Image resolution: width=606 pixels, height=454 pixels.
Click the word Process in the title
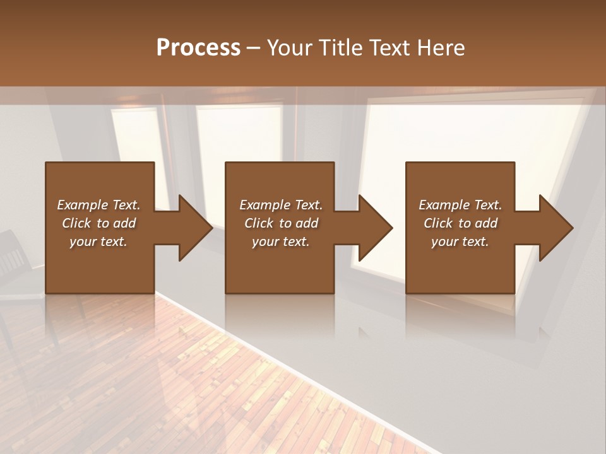point(198,47)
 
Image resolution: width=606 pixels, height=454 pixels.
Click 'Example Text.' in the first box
point(98,205)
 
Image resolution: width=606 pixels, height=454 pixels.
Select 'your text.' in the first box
point(98,242)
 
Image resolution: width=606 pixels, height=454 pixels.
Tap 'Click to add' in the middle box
point(281,223)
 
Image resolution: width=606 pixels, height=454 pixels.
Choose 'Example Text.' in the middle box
point(281,205)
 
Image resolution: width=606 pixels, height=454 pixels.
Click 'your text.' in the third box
point(460,242)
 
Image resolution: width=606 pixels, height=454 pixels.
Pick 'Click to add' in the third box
point(460,223)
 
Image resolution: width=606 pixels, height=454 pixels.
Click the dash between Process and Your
point(254,49)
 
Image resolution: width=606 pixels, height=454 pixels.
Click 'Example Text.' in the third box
point(460,205)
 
